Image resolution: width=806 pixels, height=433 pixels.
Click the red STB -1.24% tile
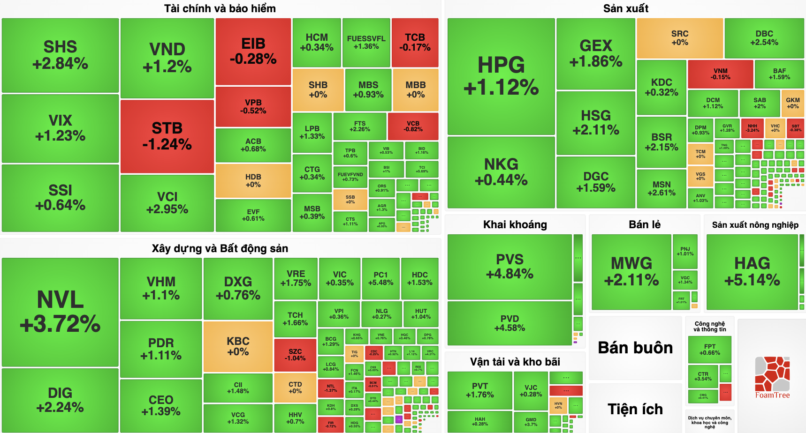coord(167,136)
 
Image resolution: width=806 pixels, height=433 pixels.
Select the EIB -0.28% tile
coord(253,51)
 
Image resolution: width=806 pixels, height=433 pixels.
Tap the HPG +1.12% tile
coord(501,76)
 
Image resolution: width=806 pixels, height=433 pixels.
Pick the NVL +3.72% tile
coord(60,312)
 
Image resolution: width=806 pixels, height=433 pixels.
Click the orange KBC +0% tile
coord(238,346)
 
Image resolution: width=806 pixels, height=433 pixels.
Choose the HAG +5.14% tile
coord(752,272)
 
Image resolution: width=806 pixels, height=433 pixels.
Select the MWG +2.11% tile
coord(631,272)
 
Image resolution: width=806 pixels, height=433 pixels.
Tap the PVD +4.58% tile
coord(509,323)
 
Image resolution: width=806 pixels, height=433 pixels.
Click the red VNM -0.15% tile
coord(720,74)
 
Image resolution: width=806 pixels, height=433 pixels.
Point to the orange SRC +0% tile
coord(679,38)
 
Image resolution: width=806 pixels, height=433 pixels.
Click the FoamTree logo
coord(772,378)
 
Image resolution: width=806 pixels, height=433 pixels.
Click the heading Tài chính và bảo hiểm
coord(220,8)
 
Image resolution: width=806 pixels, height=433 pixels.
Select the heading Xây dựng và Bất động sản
coord(220,248)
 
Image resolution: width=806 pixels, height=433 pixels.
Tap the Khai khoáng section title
coord(515,224)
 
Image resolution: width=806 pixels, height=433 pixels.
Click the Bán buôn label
coord(635,348)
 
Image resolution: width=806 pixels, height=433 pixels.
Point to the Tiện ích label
coord(635,409)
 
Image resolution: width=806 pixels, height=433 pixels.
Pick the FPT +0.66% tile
coord(709,350)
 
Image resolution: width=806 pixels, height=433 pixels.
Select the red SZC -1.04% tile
coord(295,355)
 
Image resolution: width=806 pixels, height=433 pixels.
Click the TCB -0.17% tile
coord(415,42)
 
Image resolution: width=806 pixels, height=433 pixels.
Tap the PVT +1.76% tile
coord(479,390)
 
